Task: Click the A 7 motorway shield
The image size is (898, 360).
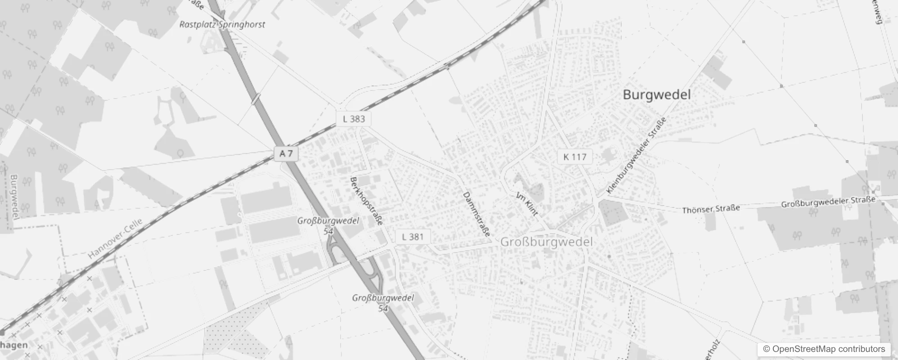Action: (x=286, y=154)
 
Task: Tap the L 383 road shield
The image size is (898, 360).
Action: (x=354, y=119)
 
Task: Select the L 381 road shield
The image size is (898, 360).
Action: (x=413, y=237)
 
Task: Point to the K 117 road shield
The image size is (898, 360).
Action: (x=575, y=157)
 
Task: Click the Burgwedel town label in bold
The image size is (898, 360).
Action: (x=656, y=95)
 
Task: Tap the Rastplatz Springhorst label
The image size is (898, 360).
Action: (x=222, y=25)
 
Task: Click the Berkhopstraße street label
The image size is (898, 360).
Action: (x=367, y=201)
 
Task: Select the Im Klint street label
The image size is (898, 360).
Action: (x=527, y=204)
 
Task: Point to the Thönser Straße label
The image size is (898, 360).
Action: (x=711, y=209)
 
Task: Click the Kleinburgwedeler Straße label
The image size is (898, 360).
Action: (x=636, y=155)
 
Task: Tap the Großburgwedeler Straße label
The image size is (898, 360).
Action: (x=828, y=202)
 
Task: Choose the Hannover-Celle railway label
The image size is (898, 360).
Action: (x=115, y=238)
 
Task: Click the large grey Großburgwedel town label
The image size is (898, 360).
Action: (x=546, y=242)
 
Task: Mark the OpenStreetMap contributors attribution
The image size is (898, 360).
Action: (x=824, y=349)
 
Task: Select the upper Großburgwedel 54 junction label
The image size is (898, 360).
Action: (x=328, y=225)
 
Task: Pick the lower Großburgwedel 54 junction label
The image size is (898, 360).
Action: (x=383, y=303)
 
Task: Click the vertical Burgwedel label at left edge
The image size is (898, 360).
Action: (x=13, y=197)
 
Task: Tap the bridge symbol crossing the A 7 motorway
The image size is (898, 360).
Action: (x=256, y=99)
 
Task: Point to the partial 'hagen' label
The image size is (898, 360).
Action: (x=13, y=345)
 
